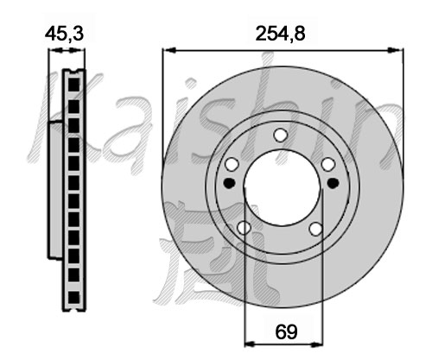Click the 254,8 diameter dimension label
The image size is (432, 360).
point(280,35)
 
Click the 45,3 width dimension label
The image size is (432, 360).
point(64,34)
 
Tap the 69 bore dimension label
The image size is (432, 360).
point(286,332)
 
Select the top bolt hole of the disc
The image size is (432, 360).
point(280,135)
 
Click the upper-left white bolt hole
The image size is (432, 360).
point(232,164)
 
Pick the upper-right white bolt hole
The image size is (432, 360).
point(328,164)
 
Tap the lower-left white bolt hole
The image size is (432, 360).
point(244,228)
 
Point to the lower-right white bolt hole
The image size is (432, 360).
point(316,229)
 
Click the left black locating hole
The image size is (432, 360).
point(230,183)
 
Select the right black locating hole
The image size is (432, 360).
point(333,182)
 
